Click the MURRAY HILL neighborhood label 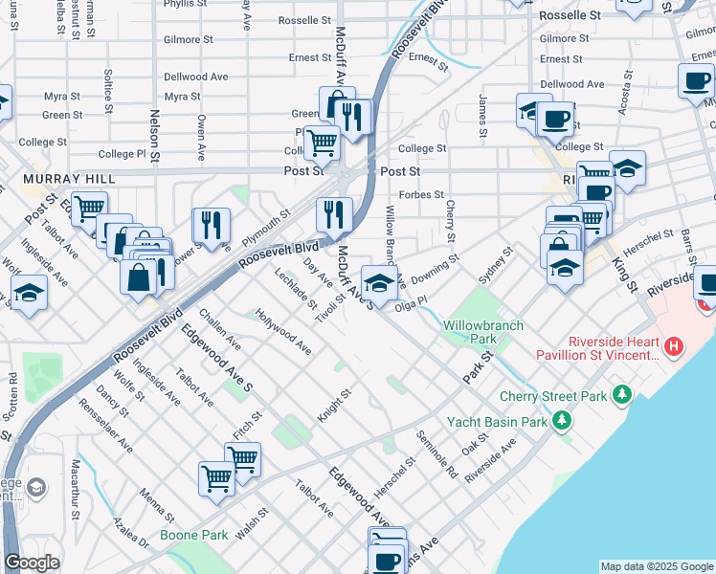click(69, 179)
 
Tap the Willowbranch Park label click(483, 332)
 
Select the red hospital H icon click(675, 345)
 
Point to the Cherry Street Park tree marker click(622, 394)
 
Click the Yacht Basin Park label click(497, 421)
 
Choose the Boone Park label click(193, 535)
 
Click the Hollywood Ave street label click(283, 331)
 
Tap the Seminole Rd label click(436, 454)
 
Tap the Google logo click(32, 563)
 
